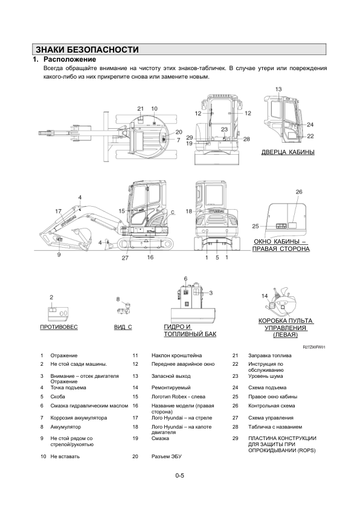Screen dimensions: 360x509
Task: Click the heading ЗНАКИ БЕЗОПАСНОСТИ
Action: [x=87, y=50]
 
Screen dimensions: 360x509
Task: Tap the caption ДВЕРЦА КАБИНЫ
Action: [x=288, y=152]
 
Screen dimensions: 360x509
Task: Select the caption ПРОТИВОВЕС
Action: [x=59, y=327]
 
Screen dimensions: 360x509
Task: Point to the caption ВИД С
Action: [x=123, y=327]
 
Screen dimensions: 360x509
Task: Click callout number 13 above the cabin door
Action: [x=278, y=89]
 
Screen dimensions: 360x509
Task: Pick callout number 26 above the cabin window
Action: [x=299, y=192]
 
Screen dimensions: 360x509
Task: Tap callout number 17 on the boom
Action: [x=59, y=212]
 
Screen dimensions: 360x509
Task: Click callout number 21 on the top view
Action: [x=140, y=109]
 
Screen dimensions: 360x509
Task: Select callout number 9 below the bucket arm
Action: [x=59, y=255]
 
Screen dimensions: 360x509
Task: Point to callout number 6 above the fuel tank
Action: [x=185, y=279]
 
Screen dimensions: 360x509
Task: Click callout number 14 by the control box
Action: [x=265, y=296]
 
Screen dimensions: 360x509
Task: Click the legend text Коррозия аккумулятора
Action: [x=79, y=418]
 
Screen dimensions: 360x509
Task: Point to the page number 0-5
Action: [x=179, y=476]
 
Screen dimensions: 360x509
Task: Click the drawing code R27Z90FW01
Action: [x=314, y=347]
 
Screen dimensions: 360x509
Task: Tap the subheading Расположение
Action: [x=69, y=59]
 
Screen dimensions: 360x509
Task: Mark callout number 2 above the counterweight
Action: [x=51, y=297]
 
